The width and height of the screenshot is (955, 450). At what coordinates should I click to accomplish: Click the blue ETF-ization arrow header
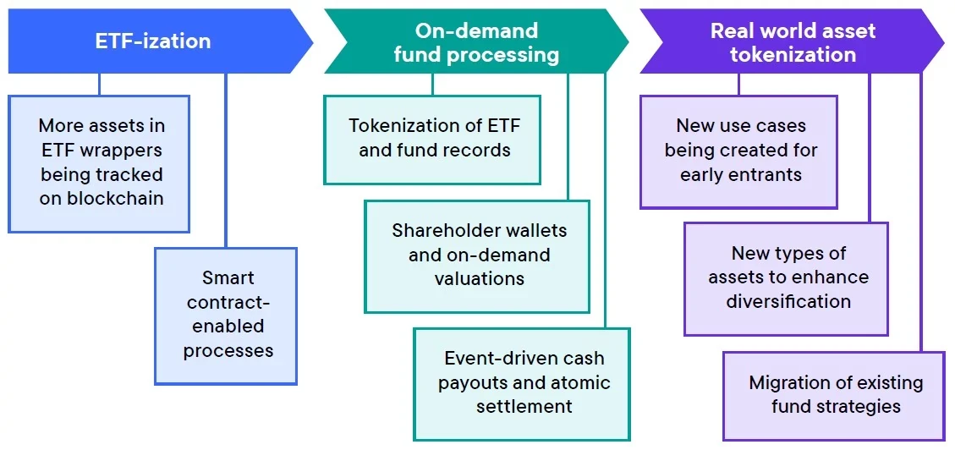coord(153,41)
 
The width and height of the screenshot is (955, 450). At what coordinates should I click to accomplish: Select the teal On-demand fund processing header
coord(476,42)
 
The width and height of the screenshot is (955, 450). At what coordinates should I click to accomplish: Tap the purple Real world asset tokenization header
coord(792,42)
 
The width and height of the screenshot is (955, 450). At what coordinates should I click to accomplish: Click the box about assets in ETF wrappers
coord(99,163)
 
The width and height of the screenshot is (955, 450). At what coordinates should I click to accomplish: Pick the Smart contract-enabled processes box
coord(227,315)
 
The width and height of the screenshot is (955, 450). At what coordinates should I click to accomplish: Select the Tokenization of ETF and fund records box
coord(432,139)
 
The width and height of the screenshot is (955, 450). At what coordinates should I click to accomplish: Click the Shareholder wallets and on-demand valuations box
coord(478,255)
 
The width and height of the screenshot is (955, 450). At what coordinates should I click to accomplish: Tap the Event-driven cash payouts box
coord(523,383)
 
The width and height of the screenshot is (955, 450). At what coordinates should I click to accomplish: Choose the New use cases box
coord(739,151)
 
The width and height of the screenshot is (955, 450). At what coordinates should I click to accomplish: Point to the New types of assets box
coord(787,278)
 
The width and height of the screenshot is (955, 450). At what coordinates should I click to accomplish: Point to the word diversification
coord(788,301)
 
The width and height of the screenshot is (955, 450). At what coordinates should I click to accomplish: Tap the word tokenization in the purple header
coord(793,55)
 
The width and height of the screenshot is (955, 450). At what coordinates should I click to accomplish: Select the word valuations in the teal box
coord(480,278)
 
